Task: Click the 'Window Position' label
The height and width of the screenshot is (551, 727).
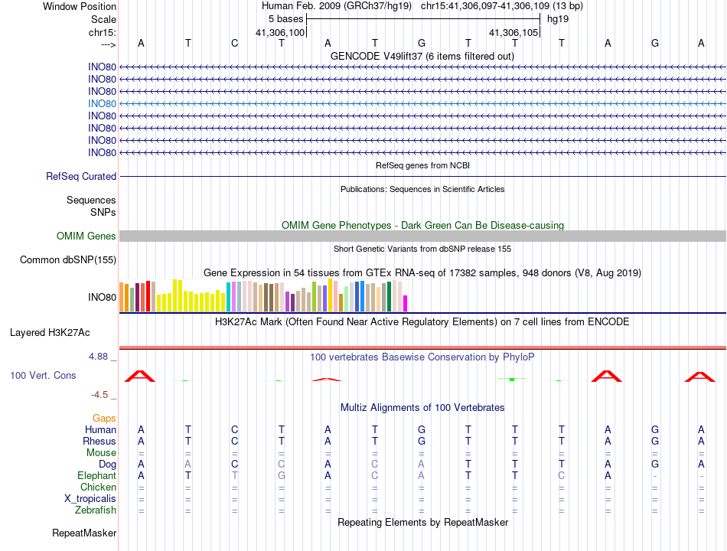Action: [x=80, y=6]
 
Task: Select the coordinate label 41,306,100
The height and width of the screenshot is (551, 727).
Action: [x=280, y=32]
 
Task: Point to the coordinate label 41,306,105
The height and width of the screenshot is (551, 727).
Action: [x=514, y=32]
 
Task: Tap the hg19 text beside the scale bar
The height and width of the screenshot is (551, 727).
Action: [x=557, y=18]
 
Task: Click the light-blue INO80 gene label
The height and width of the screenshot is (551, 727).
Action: [x=102, y=103]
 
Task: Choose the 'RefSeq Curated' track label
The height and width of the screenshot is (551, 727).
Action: [x=81, y=176]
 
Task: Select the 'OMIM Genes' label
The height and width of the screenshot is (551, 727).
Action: [x=86, y=236]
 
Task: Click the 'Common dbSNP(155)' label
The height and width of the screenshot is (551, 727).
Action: [x=68, y=260]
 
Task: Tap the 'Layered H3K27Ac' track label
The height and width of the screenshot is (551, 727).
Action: [x=50, y=333]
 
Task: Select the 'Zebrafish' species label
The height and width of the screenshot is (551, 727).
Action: [x=96, y=510]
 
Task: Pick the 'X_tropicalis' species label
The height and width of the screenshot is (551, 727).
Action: [x=90, y=499]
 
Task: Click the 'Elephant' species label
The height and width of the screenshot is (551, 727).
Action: [x=96, y=476]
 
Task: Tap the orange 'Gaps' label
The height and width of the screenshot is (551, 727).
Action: [x=104, y=419]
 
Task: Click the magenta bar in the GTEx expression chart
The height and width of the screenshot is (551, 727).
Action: [x=405, y=303]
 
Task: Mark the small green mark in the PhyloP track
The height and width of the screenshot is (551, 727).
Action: [x=511, y=379]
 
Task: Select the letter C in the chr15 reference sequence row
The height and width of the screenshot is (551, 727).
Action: [x=235, y=43]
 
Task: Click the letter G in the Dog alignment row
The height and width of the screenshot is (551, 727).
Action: [x=654, y=465]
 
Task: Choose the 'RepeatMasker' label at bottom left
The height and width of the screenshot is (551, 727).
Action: [x=84, y=533]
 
